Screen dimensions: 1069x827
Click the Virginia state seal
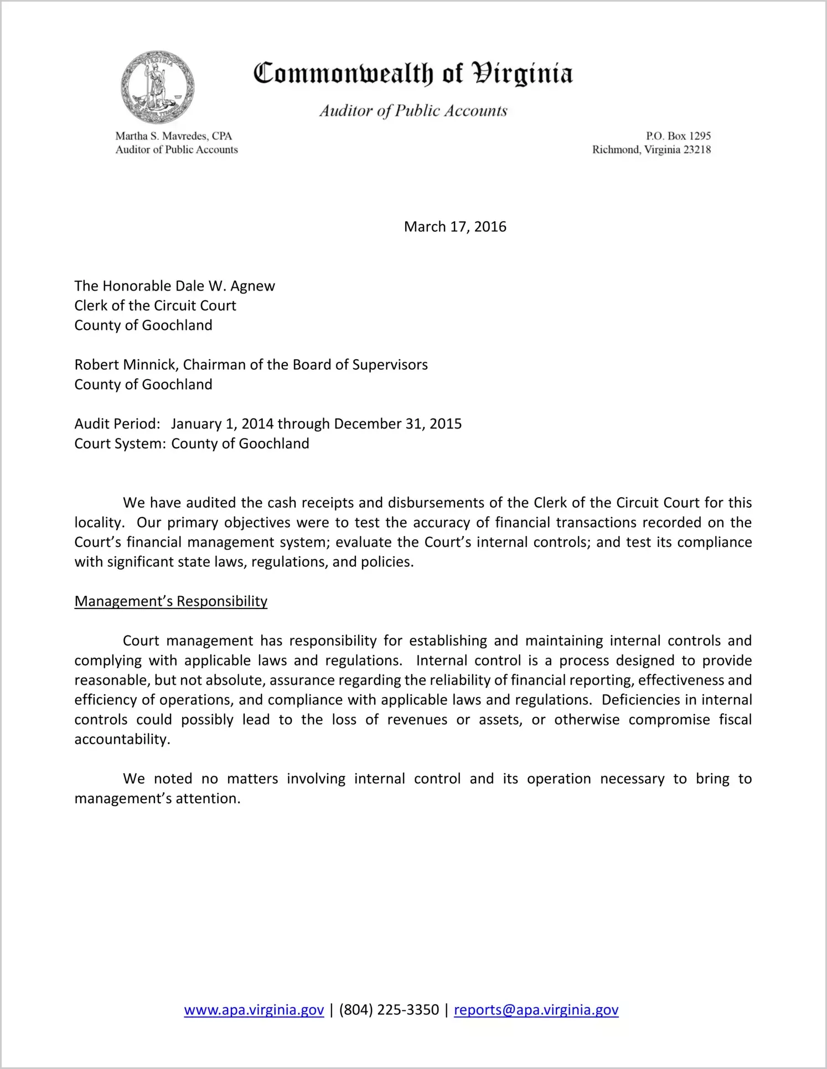point(158,87)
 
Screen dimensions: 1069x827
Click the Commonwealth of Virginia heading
point(413,74)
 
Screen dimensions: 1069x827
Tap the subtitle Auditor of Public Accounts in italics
point(413,111)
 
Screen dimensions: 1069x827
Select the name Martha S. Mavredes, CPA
point(173,136)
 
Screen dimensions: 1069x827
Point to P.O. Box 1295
point(678,136)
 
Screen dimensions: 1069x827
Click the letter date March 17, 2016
point(455,226)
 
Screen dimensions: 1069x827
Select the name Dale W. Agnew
point(225,286)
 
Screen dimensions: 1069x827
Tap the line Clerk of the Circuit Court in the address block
point(155,306)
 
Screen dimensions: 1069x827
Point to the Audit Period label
point(117,424)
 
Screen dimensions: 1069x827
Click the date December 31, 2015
point(397,424)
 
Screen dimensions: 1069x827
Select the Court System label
point(120,443)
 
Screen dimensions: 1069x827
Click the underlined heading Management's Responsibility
point(170,601)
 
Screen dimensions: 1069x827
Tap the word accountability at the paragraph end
point(121,740)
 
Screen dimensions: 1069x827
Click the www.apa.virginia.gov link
point(254,1010)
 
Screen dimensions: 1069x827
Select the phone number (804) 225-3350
point(389,1010)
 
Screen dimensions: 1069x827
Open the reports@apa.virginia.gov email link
point(536,1010)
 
